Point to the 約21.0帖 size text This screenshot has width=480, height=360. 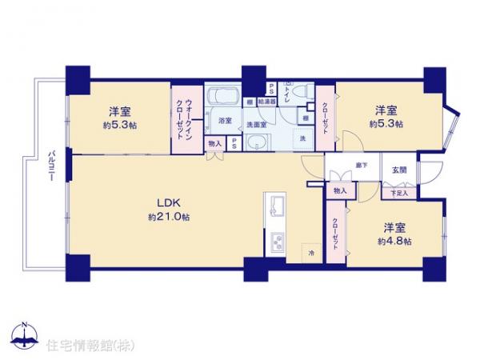click(x=168, y=217)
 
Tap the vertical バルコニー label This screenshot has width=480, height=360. click(x=50, y=166)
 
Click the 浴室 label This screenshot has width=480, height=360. click(x=225, y=120)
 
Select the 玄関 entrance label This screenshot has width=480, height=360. click(x=398, y=170)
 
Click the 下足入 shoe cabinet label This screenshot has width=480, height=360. click(x=398, y=193)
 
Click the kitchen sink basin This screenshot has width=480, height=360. click(x=276, y=207)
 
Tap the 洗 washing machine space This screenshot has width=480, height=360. click(x=302, y=139)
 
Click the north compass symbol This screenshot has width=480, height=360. click(x=23, y=334)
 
